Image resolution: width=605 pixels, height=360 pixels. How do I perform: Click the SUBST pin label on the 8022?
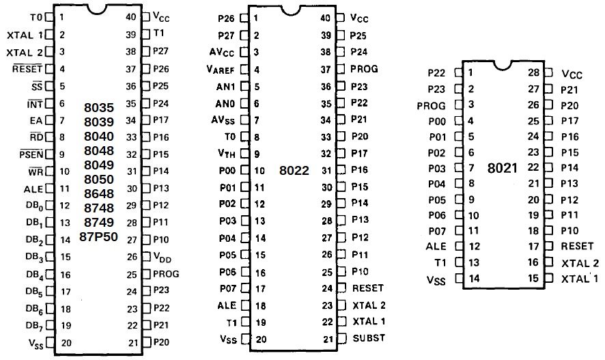(369, 338)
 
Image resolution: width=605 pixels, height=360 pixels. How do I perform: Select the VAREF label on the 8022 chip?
(221, 70)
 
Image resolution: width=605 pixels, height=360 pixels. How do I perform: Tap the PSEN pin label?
(31, 154)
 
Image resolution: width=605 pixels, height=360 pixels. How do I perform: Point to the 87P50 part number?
(98, 236)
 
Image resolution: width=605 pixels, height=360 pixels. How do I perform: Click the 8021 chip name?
(502, 168)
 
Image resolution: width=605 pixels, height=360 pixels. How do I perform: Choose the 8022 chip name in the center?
(294, 170)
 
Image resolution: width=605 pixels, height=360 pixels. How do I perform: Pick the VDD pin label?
(162, 257)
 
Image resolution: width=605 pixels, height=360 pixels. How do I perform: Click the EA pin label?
(36, 120)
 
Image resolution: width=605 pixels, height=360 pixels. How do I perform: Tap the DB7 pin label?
(34, 326)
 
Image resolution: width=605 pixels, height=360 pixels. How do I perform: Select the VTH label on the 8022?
(227, 154)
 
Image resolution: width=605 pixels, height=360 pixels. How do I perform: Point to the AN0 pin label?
(225, 103)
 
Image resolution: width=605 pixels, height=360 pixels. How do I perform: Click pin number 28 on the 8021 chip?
(533, 72)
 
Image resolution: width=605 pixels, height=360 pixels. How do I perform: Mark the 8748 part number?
(99, 208)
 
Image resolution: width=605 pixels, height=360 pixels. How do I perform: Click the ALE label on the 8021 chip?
(436, 246)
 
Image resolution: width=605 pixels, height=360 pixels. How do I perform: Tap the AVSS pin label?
(223, 120)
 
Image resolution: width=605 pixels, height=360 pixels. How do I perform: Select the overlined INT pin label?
(35, 104)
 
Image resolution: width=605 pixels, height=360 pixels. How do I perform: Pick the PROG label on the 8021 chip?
(432, 106)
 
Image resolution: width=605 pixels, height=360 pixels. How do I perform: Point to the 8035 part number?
(99, 107)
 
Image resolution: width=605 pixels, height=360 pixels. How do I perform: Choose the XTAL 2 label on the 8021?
(580, 263)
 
